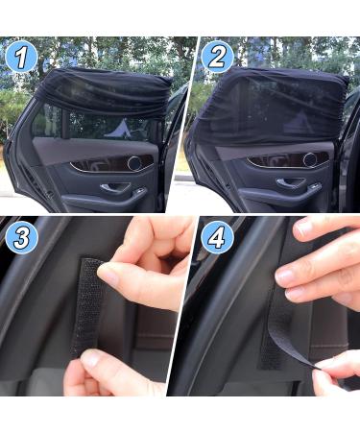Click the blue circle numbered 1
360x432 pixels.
click(x=22, y=59)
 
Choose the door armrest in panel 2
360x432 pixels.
click(x=288, y=188)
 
